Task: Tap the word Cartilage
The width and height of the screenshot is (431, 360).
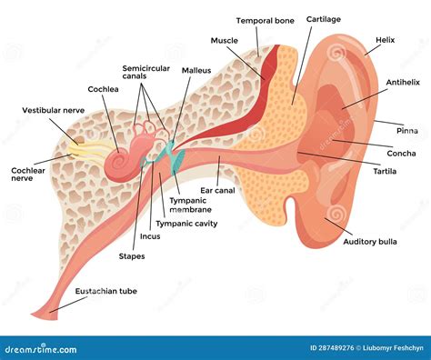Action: coord(324,18)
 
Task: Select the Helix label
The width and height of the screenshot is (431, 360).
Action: coord(386,40)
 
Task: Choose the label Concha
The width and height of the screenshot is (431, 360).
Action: coord(402,153)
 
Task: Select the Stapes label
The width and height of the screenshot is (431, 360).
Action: coord(133,256)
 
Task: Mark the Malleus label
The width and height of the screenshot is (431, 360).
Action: coord(195,70)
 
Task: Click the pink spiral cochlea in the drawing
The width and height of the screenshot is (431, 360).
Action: coord(119,163)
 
